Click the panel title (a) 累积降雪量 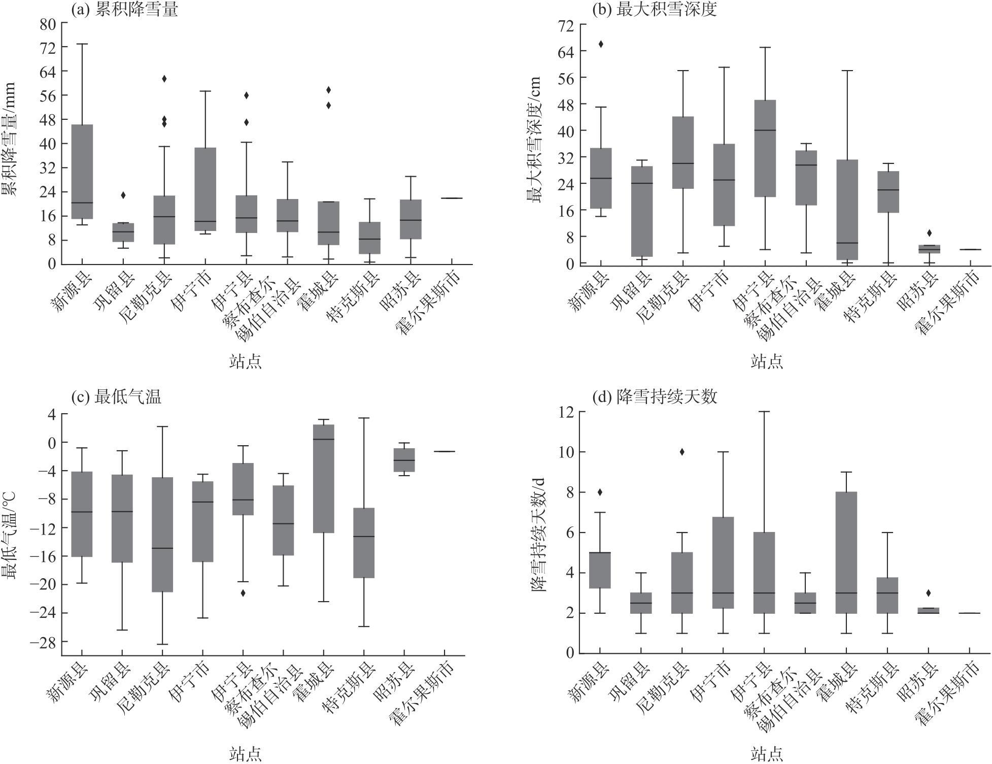pos(124,10)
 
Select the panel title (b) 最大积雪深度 pos(655,10)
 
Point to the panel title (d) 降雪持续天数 pos(655,396)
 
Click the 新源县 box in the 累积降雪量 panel pos(82,172)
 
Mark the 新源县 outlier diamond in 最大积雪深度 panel pos(601,44)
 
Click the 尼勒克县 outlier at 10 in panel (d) pos(682,452)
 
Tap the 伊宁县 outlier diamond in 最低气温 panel pos(243,592)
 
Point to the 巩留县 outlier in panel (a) pos(123,195)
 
